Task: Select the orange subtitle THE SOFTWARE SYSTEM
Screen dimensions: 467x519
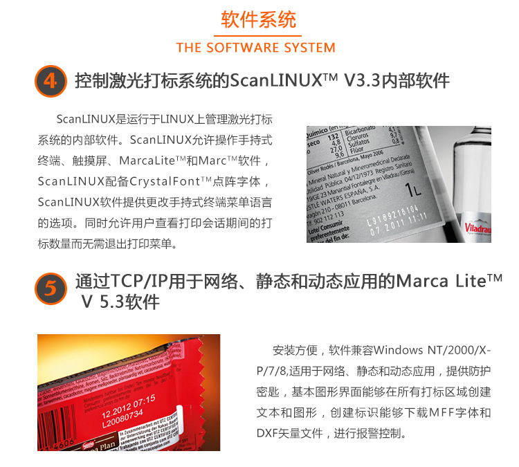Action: (x=255, y=48)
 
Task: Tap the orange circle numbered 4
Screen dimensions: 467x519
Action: (x=49, y=82)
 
